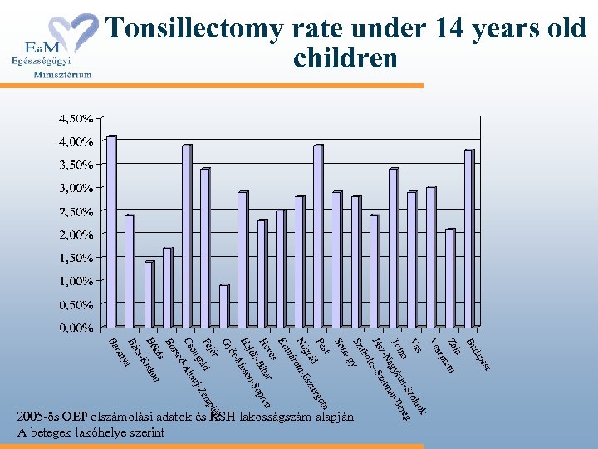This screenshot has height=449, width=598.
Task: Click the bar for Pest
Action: [x=318, y=236]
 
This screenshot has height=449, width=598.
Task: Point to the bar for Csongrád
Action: [x=187, y=236]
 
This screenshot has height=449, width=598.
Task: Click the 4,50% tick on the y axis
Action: [x=76, y=118]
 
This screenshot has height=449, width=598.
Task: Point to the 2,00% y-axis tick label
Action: [x=76, y=234]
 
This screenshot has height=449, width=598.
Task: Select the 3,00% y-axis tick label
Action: [x=76, y=188]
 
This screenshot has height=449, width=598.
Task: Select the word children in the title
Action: [x=346, y=59]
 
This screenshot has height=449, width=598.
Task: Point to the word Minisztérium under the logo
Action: [x=62, y=73]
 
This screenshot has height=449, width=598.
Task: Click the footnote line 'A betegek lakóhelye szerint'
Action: [x=91, y=433]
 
